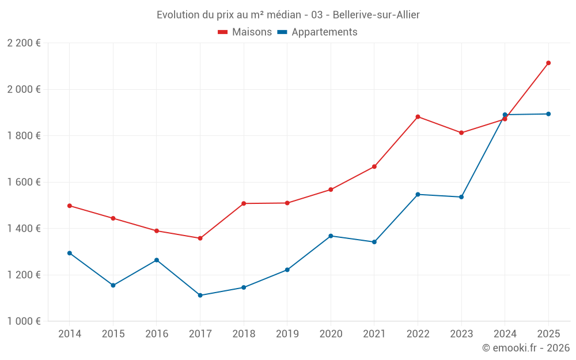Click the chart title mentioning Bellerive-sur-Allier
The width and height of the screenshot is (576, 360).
[288, 14]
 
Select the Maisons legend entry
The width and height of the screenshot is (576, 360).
[245, 32]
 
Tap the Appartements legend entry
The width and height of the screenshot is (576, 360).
[317, 32]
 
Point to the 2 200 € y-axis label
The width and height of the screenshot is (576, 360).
[24, 43]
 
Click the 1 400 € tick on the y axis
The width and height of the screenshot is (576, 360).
[24, 229]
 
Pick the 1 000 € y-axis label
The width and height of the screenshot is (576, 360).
[24, 321]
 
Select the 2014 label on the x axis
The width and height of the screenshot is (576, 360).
[70, 334]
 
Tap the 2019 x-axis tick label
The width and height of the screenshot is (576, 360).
[287, 334]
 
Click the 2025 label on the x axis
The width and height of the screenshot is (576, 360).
[548, 334]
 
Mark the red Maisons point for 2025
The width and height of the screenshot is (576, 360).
[548, 63]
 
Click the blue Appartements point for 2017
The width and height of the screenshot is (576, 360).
[200, 295]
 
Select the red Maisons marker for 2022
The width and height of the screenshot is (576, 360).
[418, 117]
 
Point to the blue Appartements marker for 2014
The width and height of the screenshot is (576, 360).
[70, 253]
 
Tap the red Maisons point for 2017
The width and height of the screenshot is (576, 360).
[200, 238]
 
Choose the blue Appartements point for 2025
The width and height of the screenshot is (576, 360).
[548, 114]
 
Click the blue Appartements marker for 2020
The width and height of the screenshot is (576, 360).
[331, 236]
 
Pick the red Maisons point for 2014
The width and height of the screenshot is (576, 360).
[70, 206]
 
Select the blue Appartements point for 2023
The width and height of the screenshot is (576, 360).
[461, 197]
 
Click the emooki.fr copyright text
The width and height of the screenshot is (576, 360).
[526, 348]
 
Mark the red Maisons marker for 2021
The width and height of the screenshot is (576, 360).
[374, 166]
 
